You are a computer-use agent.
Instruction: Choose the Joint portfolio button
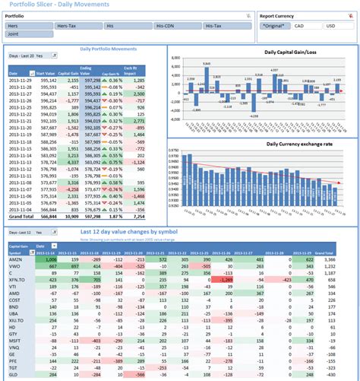[29, 34]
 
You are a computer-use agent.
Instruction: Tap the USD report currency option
[331, 26]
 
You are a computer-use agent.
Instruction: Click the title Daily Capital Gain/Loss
[290, 52]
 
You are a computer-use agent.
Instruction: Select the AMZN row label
[15, 259]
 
